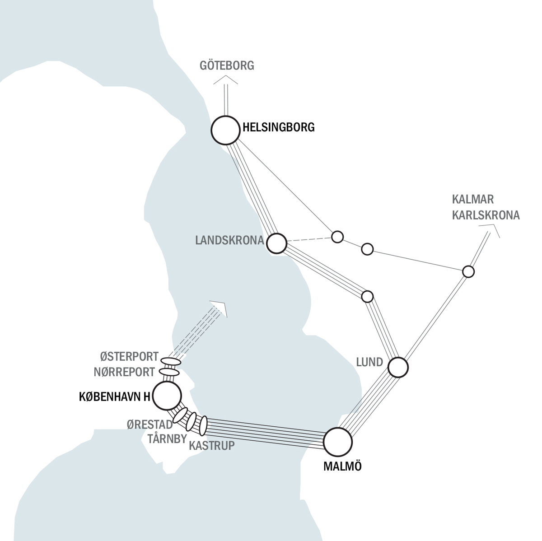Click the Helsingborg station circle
(x=225, y=130)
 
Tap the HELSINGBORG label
(x=278, y=128)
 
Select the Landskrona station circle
(x=277, y=243)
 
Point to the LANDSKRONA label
(x=229, y=240)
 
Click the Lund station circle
(x=398, y=367)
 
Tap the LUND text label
(x=369, y=362)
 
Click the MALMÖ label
(x=343, y=466)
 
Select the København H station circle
(x=167, y=395)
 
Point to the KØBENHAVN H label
(x=115, y=397)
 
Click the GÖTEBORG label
(x=227, y=66)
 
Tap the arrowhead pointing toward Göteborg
(x=226, y=80)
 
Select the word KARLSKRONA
(x=486, y=215)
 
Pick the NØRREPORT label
(x=124, y=372)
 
